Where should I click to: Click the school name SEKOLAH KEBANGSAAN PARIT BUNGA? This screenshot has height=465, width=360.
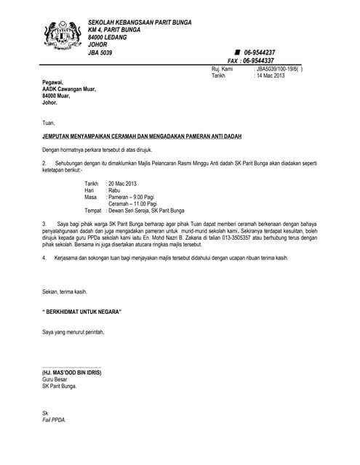[140, 23]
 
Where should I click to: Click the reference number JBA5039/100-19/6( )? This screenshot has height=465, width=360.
[279, 68]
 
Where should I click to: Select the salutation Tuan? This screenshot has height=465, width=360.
[49, 123]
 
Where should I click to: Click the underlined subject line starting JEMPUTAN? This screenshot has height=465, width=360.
[142, 137]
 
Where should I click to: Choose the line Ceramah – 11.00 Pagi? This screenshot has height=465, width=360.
[132, 203]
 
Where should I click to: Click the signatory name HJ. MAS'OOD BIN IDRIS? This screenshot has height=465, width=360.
[72, 373]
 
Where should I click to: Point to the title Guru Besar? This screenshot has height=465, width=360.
[55, 379]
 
